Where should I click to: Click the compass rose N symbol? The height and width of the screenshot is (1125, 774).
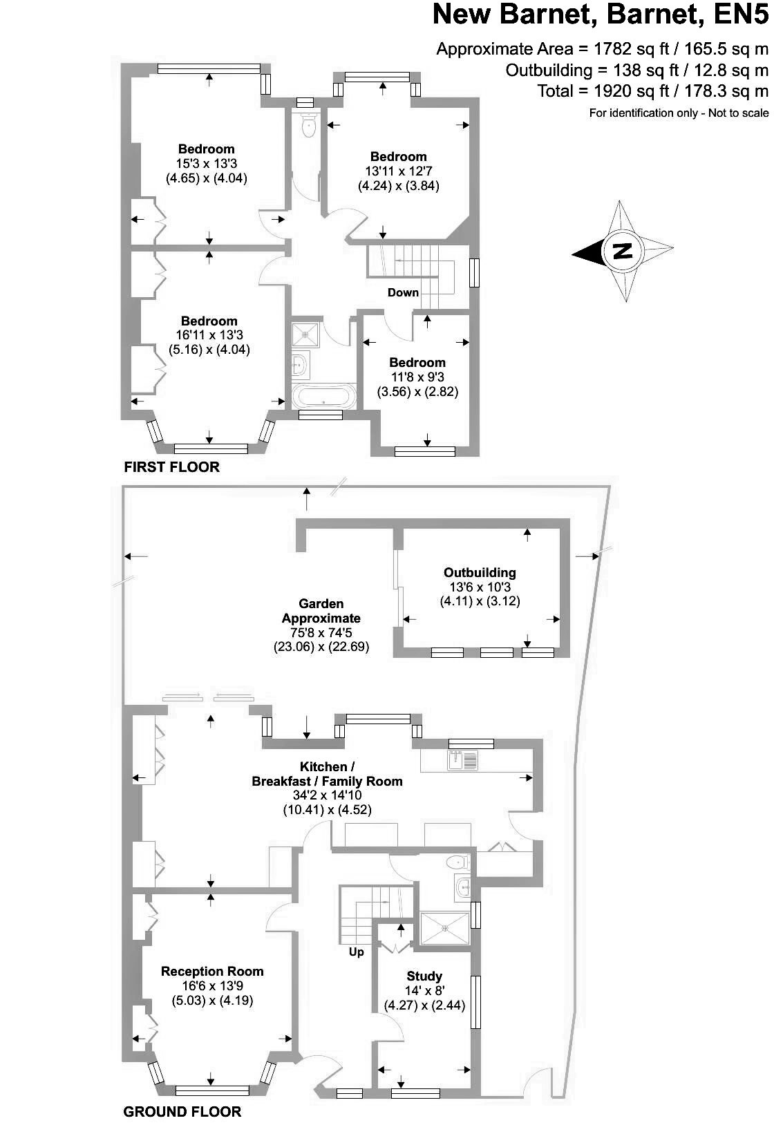pyautogui.click(x=623, y=251)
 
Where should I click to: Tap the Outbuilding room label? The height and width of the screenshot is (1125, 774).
pyautogui.click(x=480, y=572)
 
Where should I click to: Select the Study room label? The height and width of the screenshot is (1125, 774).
pyautogui.click(x=424, y=976)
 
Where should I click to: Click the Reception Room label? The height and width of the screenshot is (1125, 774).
pyautogui.click(x=212, y=971)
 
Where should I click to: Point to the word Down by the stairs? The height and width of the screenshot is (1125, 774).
pyautogui.click(x=403, y=292)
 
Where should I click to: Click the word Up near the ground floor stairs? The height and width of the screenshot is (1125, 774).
pyautogui.click(x=356, y=952)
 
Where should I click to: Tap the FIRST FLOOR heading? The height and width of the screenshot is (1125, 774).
pyautogui.click(x=171, y=467)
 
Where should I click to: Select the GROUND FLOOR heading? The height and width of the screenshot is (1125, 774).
pyautogui.click(x=182, y=1111)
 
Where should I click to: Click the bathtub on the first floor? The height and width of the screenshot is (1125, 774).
pyautogui.click(x=323, y=397)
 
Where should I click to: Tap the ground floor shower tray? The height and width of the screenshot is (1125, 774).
pyautogui.click(x=444, y=928)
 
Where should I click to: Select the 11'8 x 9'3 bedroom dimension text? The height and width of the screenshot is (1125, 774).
pyautogui.click(x=417, y=377)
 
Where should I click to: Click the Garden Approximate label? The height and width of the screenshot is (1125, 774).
pyautogui.click(x=321, y=611)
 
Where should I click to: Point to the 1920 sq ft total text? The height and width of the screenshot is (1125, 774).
pyautogui.click(x=652, y=91)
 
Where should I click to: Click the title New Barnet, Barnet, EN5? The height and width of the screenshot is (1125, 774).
pyautogui.click(x=600, y=15)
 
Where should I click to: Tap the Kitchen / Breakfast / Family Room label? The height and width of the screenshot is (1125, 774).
pyautogui.click(x=327, y=774)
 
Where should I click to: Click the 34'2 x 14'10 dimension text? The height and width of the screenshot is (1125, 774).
pyautogui.click(x=327, y=795)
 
